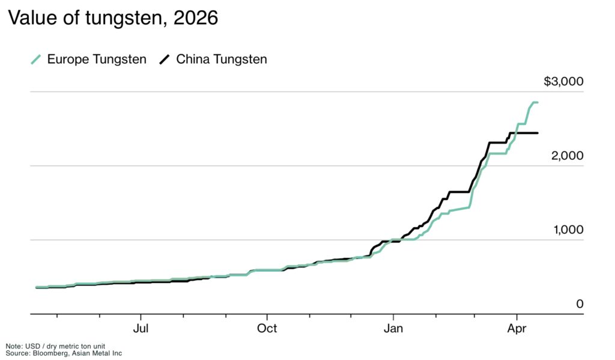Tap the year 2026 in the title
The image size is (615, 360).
pyautogui.click(x=195, y=19)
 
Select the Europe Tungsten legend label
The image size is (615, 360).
pyautogui.click(x=96, y=59)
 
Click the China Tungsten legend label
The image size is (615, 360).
pyautogui.click(x=221, y=59)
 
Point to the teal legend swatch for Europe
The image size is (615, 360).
pyautogui.click(x=36, y=59)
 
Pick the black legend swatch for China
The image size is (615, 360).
pyautogui.click(x=165, y=59)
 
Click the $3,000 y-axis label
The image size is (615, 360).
pyautogui.click(x=563, y=82)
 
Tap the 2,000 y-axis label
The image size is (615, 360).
pyautogui.click(x=568, y=156)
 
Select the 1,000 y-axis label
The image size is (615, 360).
pyautogui.click(x=568, y=230)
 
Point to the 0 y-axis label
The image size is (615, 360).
pyautogui.click(x=580, y=304)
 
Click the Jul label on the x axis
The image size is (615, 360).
pyautogui.click(x=141, y=328)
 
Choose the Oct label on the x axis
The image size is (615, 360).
pyautogui.click(x=267, y=328)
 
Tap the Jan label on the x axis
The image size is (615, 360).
pyautogui.click(x=393, y=328)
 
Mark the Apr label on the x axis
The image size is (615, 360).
pyautogui.click(x=518, y=328)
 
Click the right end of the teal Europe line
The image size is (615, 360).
pyautogui.click(x=537, y=103)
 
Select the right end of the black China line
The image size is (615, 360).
pyautogui.click(x=537, y=133)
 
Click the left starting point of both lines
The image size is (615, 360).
pyautogui.click(x=37, y=287)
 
